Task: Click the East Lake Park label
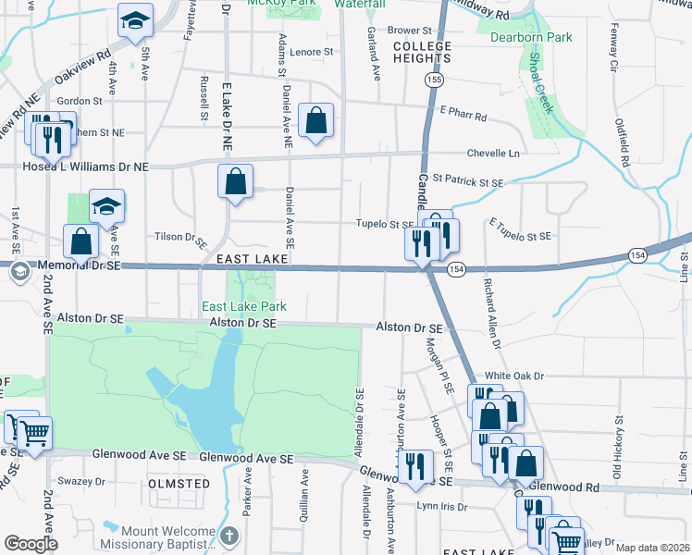click(244, 306)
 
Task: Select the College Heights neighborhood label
click(422, 52)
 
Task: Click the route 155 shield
click(433, 80)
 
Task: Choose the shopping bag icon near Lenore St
click(315, 120)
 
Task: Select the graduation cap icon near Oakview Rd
click(135, 21)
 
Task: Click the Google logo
click(31, 544)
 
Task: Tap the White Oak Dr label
click(514, 377)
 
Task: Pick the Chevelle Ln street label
click(495, 153)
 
